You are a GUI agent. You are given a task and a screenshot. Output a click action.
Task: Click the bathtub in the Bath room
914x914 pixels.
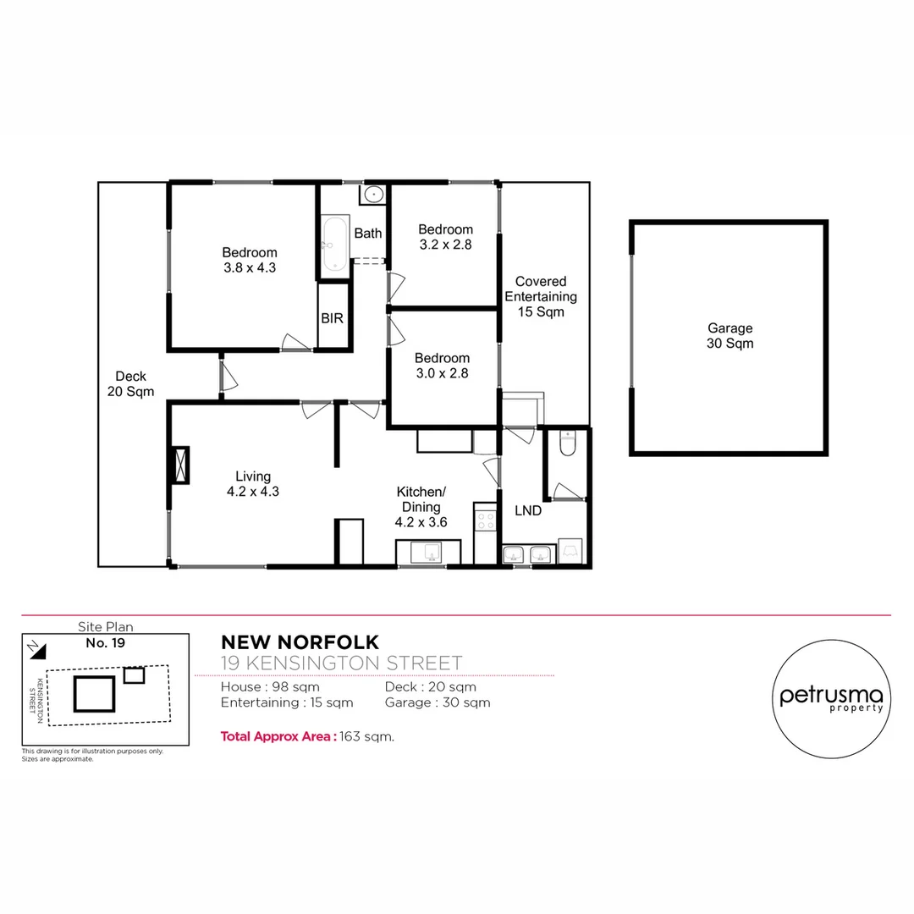(334, 243)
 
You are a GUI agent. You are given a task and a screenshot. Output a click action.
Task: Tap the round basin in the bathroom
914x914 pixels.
(374, 195)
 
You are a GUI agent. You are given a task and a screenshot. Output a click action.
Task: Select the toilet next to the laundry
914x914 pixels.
(568, 443)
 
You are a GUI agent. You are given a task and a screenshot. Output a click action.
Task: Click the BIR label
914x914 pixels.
(332, 319)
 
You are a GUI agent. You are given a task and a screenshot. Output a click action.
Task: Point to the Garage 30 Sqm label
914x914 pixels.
(730, 336)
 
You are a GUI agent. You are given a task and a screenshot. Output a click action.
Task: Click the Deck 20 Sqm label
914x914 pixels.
(130, 383)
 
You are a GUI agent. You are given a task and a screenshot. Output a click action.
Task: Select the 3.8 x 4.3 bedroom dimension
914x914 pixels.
(249, 267)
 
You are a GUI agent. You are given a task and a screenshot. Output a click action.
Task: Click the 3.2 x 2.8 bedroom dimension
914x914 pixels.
(445, 245)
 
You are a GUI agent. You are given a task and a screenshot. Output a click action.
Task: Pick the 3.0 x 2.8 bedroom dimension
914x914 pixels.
(442, 372)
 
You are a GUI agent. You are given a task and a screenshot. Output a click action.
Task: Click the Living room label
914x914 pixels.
(253, 476)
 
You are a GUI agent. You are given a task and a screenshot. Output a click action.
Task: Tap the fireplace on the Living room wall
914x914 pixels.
(179, 465)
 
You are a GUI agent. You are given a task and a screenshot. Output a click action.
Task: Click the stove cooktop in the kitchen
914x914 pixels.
(485, 518)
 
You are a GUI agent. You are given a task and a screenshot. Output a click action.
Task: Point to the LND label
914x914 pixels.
(528, 510)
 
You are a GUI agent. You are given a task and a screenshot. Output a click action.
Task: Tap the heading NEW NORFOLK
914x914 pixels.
(300, 643)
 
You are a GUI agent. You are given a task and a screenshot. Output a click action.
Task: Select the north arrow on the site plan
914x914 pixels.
(34, 647)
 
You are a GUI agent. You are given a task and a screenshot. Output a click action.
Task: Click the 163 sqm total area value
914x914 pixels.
(366, 736)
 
